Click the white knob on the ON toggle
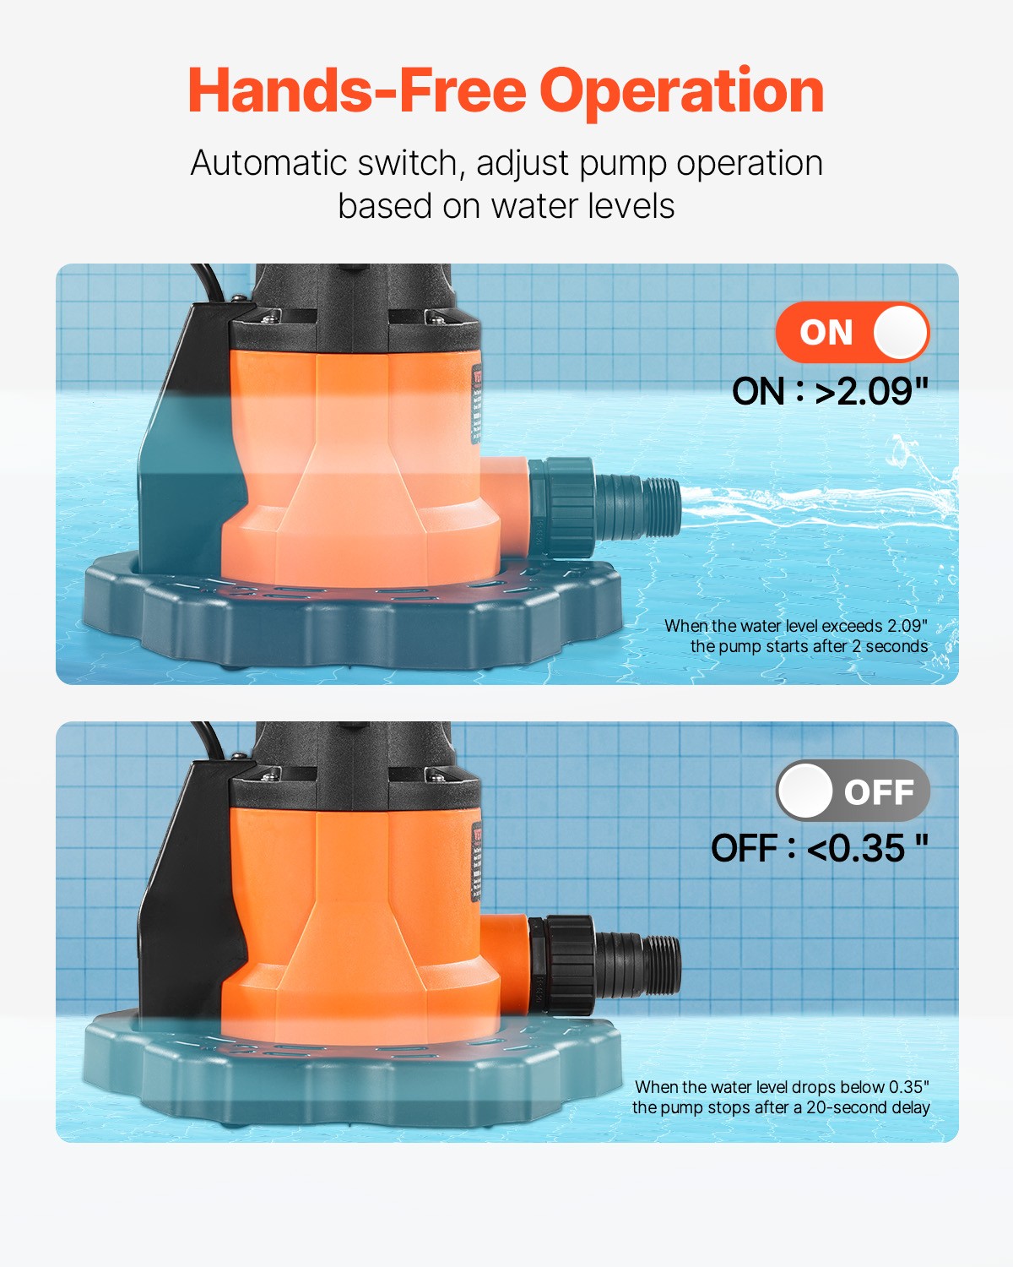coord(900,332)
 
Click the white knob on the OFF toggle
coord(805,791)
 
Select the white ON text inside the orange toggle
coord(826,333)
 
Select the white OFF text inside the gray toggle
coord(879,792)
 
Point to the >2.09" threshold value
coord(871,392)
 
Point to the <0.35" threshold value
coord(866,849)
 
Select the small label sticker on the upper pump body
coord(476,404)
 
